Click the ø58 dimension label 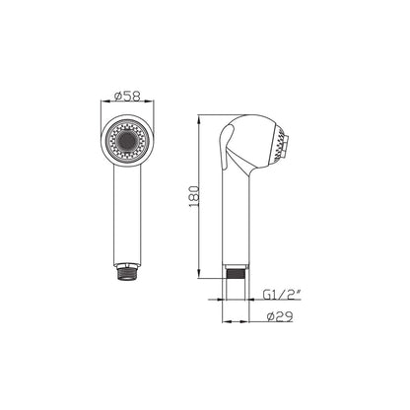point(127,96)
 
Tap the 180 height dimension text point(194,196)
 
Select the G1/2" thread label point(282,295)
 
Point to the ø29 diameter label point(280,316)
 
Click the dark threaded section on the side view point(236,274)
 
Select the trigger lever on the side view point(228,147)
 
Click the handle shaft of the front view point(127,214)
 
